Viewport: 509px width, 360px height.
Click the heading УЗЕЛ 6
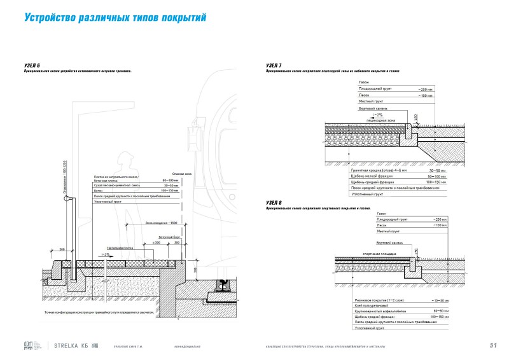31,66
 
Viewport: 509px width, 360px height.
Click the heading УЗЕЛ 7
275,66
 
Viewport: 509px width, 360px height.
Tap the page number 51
493,345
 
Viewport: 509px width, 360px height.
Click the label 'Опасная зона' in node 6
183,174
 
